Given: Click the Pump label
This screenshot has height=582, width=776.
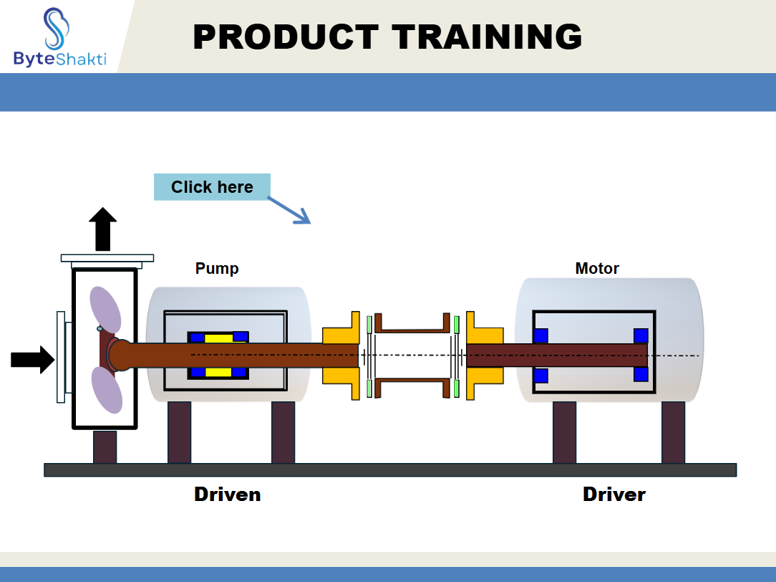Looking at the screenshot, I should [x=217, y=269].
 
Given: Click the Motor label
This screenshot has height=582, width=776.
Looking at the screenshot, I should [x=597, y=269].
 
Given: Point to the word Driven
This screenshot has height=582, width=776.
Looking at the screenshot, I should [x=227, y=495].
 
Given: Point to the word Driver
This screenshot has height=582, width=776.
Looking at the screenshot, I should [x=614, y=495].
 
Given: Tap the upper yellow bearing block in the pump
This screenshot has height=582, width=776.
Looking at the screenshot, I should [x=218, y=338].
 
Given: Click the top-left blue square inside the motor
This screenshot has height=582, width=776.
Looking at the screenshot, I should [x=540, y=335].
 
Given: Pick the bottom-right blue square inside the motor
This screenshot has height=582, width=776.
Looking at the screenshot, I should [x=641, y=374].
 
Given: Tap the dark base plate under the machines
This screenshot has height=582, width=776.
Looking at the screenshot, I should [x=390, y=470].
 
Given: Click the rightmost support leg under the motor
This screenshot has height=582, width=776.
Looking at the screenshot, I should [x=673, y=432].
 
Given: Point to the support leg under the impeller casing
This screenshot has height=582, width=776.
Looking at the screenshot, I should [x=105, y=447].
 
